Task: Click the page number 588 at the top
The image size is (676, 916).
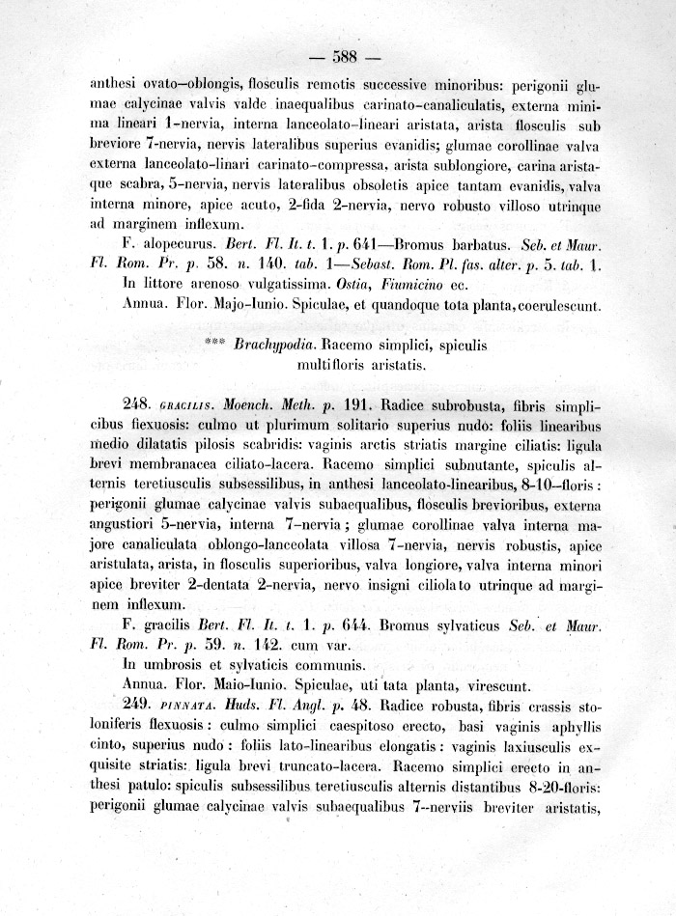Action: [344, 54]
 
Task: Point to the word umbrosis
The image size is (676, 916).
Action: [171, 664]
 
